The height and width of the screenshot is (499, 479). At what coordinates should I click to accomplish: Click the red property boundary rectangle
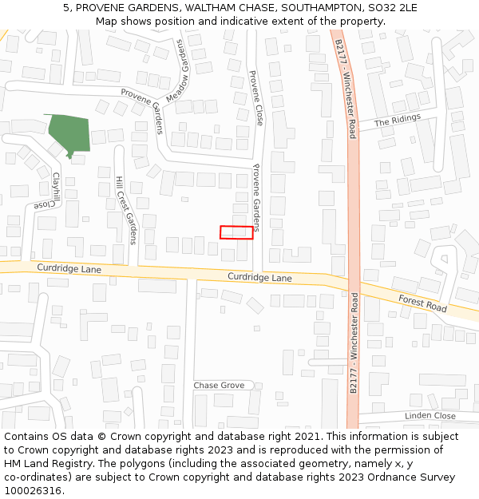click(236, 232)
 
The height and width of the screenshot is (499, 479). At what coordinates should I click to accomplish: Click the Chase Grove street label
click(219, 386)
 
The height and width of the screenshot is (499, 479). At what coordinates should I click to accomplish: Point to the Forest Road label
click(423, 302)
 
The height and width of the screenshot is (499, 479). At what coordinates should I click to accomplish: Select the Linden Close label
click(430, 416)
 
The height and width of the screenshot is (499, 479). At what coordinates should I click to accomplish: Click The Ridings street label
click(397, 121)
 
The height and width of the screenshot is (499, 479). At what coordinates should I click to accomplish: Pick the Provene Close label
click(256, 97)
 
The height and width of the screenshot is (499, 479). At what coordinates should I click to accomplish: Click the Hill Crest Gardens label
click(126, 210)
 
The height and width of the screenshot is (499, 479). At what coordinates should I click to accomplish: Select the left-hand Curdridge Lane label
click(69, 269)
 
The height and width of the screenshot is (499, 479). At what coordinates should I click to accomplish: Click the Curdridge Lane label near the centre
click(259, 278)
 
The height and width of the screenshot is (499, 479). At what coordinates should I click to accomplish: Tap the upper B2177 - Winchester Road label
click(345, 89)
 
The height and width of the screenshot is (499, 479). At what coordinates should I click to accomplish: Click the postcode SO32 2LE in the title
click(391, 8)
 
